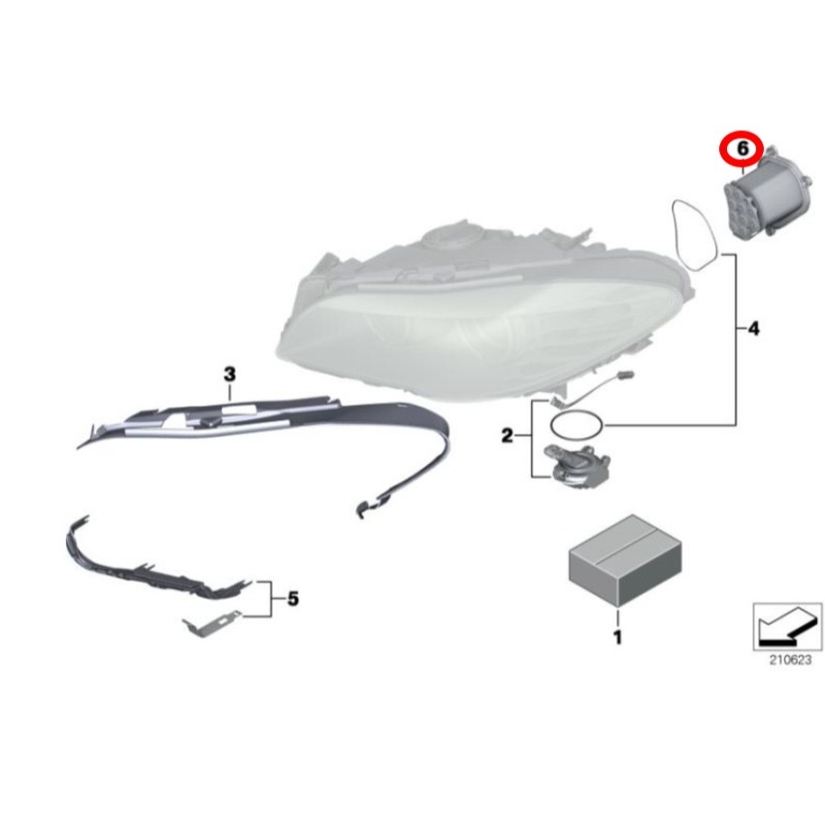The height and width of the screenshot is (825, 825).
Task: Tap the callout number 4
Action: (753, 330)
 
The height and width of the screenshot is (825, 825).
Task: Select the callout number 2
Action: (507, 437)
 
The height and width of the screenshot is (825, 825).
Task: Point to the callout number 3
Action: (229, 374)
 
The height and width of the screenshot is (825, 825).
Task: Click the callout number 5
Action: (293, 601)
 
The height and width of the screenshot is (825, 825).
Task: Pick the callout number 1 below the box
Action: (617, 638)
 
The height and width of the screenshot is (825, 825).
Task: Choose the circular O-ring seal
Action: (576, 424)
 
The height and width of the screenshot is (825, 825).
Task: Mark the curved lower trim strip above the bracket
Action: (146, 567)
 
